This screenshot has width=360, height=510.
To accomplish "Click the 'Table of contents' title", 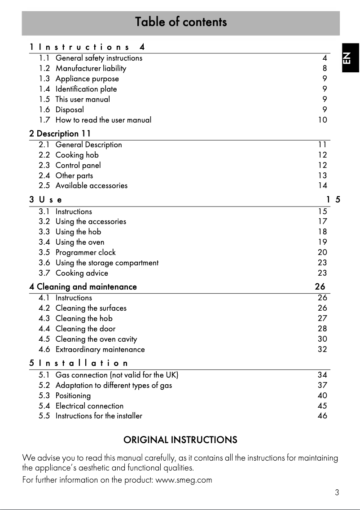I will pos(181,22).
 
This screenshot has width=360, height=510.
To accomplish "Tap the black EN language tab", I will pos(350,57).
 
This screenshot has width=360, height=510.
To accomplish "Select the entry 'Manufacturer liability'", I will pos(91,68).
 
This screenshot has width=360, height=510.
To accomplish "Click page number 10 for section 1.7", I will pos(322,120).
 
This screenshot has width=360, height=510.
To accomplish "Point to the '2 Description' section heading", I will pos(60,133).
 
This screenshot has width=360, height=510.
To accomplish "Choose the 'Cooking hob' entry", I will pos(77,155).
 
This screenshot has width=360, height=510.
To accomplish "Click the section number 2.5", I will pos(44,185).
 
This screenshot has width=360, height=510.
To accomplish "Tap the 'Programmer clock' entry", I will pos(85,252).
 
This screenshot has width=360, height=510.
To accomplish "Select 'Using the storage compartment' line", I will pos(107,263).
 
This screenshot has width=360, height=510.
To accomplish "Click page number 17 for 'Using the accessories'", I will pos(322,221).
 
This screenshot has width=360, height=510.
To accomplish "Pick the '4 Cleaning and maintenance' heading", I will pos(83,286).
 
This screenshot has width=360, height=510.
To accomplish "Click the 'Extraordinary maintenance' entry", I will pos(100,349).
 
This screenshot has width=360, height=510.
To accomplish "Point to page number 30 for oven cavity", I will pos(322,339).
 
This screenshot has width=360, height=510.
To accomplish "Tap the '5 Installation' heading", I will pos(79,363).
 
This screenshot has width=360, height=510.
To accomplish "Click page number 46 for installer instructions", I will pos(322,416).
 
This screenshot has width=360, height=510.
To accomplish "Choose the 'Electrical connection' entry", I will pos(89,406).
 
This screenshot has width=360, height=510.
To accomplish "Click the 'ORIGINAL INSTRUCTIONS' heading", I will pos(180,440).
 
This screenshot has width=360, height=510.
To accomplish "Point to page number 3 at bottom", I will pos(337,492).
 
